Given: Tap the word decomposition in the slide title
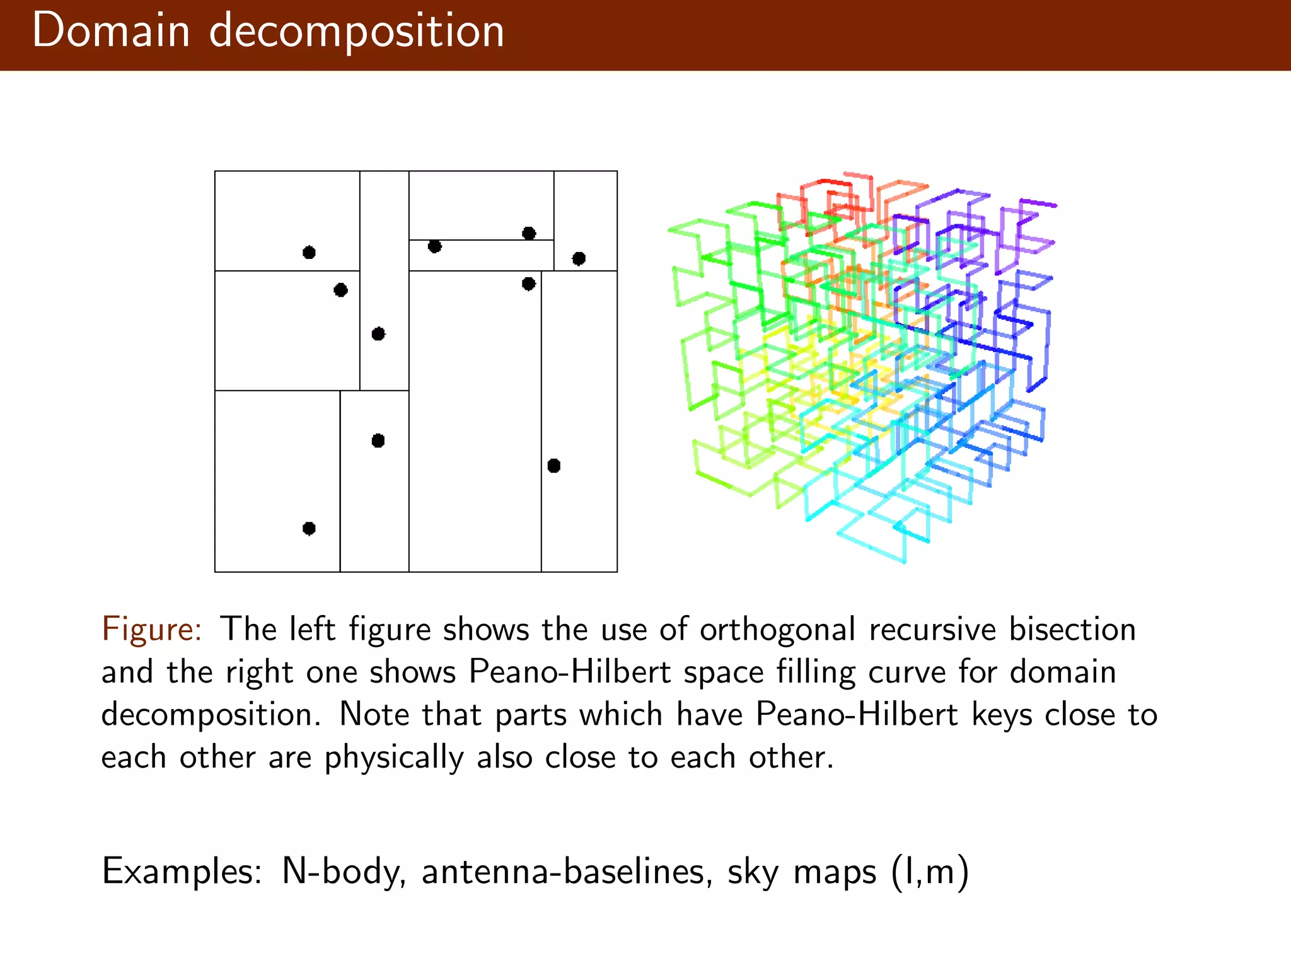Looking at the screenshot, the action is [357, 32].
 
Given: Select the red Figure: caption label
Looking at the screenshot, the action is [151, 629].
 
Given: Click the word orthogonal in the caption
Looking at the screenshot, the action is [777, 629].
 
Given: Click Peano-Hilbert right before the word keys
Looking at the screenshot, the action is [857, 715].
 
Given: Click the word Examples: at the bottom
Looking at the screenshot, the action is [182, 872].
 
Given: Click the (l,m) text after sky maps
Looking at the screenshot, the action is [930, 872].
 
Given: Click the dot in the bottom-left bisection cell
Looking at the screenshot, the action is [309, 528].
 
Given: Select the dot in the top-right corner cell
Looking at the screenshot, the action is [579, 258].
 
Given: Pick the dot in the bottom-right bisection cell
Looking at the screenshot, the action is [553, 466].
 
